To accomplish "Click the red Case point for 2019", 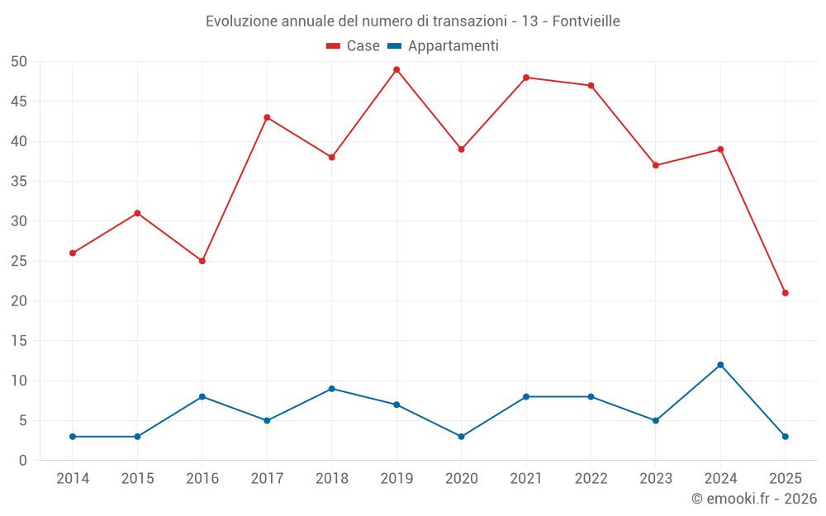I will point(396,69).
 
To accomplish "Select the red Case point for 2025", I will point(786,293).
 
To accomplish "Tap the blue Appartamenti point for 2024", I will point(720,365).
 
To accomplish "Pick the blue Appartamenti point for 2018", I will point(331,389).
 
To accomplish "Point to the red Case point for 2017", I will point(267,117).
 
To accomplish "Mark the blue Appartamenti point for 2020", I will point(461,437).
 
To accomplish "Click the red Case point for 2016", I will point(202,261).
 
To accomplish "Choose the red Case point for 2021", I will point(526,78).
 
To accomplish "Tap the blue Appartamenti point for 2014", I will point(73,437).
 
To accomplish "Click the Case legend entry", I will point(353,46).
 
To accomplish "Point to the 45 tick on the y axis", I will point(19,102).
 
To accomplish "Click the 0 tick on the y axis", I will point(23,461).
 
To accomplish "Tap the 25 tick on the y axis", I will point(19,261).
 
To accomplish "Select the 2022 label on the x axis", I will point(591,479).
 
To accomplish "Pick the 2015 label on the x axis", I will point(137,479).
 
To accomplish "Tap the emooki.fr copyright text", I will point(754,499).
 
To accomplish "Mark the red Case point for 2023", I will point(656,165).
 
